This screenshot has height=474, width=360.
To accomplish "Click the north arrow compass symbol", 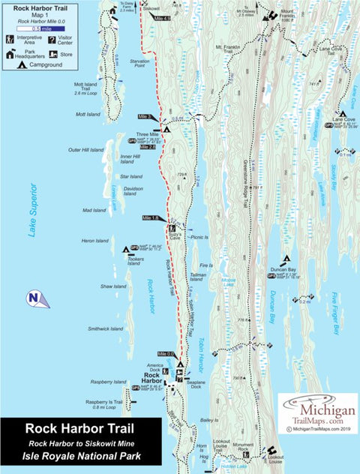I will (x=36, y=298).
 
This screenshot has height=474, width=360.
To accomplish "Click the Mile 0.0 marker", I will (x=166, y=354).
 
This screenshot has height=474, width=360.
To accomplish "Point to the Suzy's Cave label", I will (x=172, y=233).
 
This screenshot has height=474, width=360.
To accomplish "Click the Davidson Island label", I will (x=133, y=190).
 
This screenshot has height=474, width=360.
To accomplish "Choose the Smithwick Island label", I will (x=105, y=328).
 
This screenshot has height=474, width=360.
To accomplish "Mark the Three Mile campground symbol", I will (x=167, y=128).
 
